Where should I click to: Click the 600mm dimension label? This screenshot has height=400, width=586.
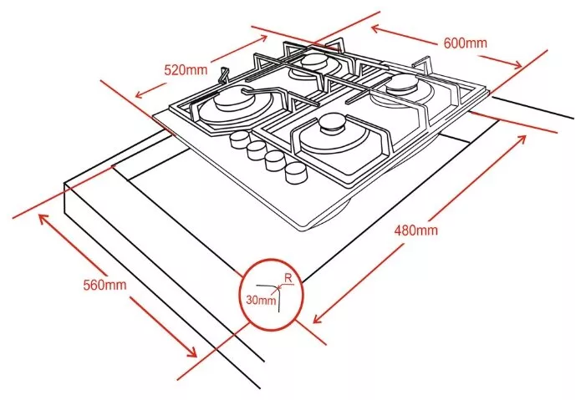tap(466, 43)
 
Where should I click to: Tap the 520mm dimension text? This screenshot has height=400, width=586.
tap(186, 69)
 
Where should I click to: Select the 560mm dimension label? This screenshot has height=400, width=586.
tap(104, 285)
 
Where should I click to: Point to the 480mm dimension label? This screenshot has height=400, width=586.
tap(416, 230)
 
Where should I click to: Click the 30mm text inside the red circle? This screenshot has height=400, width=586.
tap(261, 300)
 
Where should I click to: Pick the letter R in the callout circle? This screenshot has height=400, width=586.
tap(288, 278)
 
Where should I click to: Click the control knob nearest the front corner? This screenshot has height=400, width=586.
tap(296, 173)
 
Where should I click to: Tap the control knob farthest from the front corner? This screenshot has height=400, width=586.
tap(238, 141)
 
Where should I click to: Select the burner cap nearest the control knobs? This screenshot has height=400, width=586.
tap(331, 125)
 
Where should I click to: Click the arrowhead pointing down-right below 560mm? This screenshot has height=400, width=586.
tap(191, 352)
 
